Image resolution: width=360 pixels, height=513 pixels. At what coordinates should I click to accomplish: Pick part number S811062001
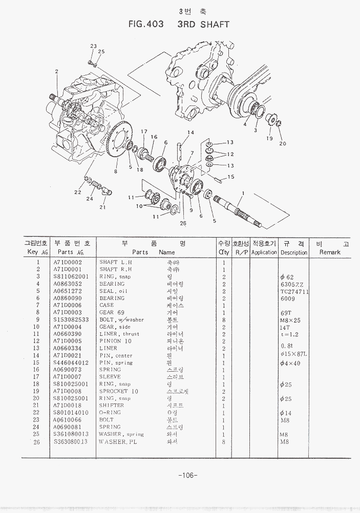(x=71, y=276)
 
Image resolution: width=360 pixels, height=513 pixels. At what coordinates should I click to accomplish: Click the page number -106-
(x=188, y=476)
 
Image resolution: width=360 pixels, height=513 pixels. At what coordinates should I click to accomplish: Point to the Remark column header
(x=329, y=252)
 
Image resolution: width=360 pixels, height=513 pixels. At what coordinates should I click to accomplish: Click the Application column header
(x=264, y=252)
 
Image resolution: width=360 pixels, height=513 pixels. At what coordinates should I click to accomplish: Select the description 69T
(x=285, y=312)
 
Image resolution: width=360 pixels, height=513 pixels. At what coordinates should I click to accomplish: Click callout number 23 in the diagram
(x=94, y=47)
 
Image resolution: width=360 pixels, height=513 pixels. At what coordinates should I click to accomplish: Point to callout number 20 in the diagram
(x=283, y=143)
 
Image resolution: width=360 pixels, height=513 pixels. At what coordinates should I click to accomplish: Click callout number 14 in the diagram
(x=190, y=133)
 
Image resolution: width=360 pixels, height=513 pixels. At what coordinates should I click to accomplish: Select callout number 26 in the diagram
(x=183, y=223)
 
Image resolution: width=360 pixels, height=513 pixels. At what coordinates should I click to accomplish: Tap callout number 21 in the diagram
(x=102, y=207)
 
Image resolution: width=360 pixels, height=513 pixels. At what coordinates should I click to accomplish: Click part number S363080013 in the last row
(x=71, y=441)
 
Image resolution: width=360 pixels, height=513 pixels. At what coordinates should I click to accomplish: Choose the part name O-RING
(x=110, y=413)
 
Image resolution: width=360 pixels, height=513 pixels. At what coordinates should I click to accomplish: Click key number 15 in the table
(x=38, y=362)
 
